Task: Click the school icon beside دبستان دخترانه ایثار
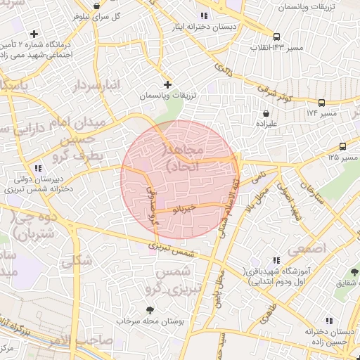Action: click(204, 15)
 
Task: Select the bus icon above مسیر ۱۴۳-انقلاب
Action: click(277, 37)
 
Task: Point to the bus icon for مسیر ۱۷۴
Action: click(322, 103)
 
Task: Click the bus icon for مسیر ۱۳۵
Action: click(342, 146)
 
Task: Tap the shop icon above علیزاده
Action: click(266, 112)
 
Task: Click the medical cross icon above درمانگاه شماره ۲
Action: click(34, 34)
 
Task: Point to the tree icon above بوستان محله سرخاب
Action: click(150, 309)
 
